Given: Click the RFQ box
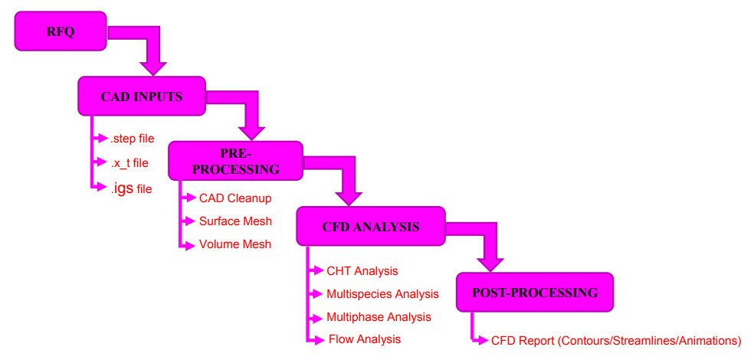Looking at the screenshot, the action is [60, 31].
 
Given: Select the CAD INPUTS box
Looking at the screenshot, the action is [142, 97].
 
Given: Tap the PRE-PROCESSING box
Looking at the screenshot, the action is [236, 161].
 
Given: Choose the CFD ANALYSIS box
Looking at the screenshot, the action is [371, 227].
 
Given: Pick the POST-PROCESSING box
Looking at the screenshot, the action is [535, 293].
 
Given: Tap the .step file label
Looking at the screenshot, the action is [133, 139].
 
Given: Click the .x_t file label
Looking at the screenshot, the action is [129, 163].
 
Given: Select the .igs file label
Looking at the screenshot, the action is [131, 188].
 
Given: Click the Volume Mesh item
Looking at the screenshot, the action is [235, 244].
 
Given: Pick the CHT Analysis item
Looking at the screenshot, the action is [362, 270].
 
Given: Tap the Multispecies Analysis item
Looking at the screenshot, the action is [383, 293].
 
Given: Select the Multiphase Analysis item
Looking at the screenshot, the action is [379, 317].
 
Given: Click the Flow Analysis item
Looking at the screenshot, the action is [365, 339].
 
